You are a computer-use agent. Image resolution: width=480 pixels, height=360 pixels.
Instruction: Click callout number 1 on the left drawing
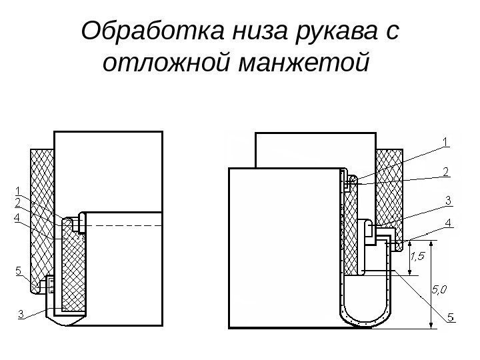18,191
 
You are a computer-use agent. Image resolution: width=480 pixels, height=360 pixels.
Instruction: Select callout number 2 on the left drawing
18,201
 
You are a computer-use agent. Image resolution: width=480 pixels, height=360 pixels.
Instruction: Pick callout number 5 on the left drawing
18,271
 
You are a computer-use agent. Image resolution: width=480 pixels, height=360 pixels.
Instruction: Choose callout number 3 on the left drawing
21,313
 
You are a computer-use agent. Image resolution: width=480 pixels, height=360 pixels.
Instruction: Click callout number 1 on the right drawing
446,141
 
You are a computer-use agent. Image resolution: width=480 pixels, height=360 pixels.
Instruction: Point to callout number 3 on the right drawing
449,200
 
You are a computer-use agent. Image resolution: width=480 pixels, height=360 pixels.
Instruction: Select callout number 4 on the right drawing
449,222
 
